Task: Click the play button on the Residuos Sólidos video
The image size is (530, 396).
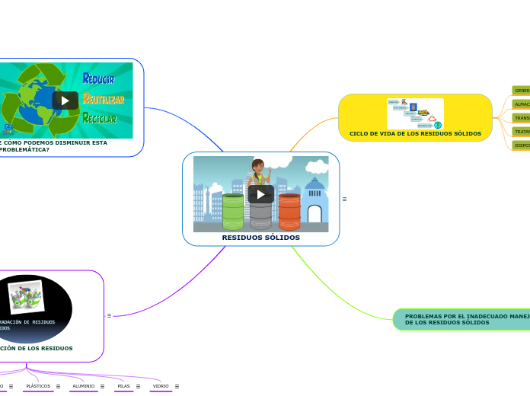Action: pos(261,194)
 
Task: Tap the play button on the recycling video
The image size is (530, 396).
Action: pos(65,101)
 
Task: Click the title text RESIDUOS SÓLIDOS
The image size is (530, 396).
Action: pos(260,238)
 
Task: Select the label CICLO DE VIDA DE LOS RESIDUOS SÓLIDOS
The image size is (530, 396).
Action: pos(415,133)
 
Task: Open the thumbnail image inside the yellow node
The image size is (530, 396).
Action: pos(415,113)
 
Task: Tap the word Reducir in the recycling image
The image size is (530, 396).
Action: pos(99,78)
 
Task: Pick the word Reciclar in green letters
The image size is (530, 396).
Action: pos(100,118)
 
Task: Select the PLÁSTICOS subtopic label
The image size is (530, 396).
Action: pos(38,386)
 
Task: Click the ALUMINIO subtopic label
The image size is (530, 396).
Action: pos(83,386)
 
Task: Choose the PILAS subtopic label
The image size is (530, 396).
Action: pos(123,386)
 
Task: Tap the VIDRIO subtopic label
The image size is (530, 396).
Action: pos(161,386)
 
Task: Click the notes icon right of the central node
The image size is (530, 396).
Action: pos(344,199)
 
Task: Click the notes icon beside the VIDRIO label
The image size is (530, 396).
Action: pos(177,386)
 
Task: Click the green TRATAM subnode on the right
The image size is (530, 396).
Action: pos(522,131)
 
